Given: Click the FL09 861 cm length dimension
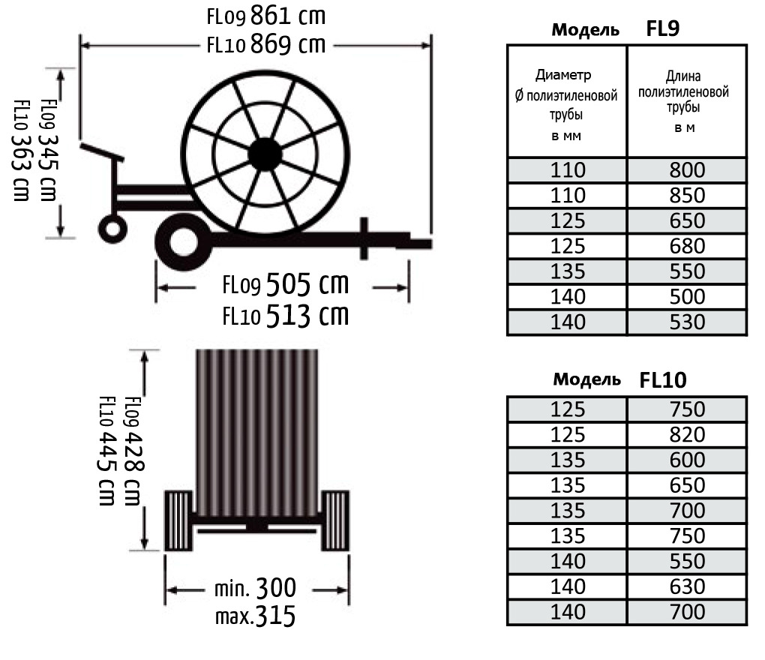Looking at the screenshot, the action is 266,16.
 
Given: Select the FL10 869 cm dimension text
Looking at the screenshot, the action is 266,44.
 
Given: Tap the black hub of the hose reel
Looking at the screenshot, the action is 265,154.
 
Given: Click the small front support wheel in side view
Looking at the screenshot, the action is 112,228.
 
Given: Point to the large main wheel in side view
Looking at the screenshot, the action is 184,241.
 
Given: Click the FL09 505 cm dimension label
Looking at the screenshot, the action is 286,284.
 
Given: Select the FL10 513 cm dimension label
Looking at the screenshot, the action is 286,315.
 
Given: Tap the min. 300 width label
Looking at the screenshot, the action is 255,588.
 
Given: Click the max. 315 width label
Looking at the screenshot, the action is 255,616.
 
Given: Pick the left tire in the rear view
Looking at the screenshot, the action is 178,521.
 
